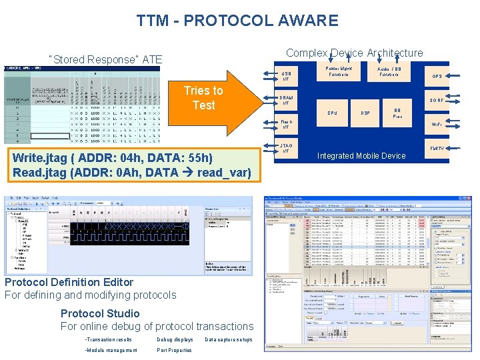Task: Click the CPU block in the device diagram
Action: [x=332, y=113]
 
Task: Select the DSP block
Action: [x=365, y=113]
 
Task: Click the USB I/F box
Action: [x=286, y=76]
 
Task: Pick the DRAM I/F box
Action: [x=286, y=100]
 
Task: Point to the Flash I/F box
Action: [x=286, y=124]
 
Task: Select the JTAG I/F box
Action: [x=286, y=148]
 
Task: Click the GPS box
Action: [x=437, y=76]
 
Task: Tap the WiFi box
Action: [x=437, y=124]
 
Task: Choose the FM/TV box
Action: [x=437, y=148]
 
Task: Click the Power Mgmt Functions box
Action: [x=339, y=71]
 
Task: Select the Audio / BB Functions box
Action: [x=389, y=71]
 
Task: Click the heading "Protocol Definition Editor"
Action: [x=69, y=282]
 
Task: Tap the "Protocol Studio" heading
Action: [x=100, y=313]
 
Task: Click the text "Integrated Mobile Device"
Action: [x=361, y=156]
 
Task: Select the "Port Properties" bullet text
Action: [x=174, y=350]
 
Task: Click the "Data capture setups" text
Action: [x=228, y=339]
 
